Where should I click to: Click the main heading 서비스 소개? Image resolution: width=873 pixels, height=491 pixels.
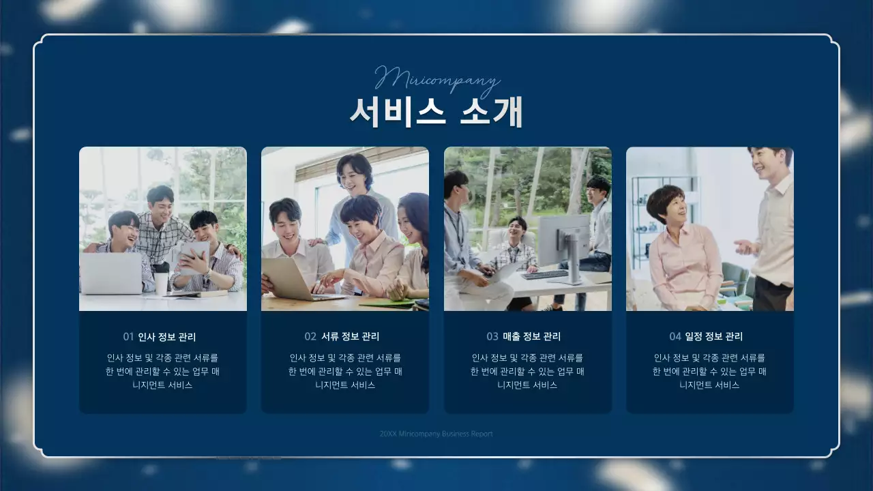point(436,112)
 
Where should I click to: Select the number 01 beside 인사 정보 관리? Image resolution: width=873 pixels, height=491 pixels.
point(128,337)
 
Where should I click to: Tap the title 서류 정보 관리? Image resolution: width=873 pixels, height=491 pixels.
point(350,337)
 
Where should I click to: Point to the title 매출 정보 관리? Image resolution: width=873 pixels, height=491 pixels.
point(532,337)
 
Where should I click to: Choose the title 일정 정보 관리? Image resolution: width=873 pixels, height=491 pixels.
point(715,337)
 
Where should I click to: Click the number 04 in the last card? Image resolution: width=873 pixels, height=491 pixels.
point(675,337)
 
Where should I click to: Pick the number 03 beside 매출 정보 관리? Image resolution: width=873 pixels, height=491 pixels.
point(492,337)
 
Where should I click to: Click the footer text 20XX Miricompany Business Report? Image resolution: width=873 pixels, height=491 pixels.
point(436,434)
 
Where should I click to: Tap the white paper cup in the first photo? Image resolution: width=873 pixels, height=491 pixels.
point(161,282)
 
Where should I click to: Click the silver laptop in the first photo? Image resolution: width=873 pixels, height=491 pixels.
point(111,273)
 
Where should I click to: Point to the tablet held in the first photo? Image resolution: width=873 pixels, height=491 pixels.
point(194,255)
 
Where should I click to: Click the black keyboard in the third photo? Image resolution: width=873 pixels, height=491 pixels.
point(544,275)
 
